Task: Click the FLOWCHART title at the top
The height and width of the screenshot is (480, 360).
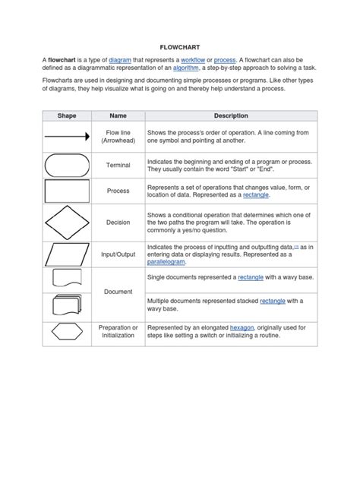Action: [179, 45]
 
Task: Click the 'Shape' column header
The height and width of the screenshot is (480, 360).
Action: [66, 115]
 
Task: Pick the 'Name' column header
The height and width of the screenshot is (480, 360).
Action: [118, 115]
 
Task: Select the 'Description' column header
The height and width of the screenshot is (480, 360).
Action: [231, 115]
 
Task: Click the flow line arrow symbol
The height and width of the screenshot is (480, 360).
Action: [66, 137]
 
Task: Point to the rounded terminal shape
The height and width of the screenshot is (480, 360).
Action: [66, 165]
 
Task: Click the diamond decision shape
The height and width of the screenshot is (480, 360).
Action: [66, 223]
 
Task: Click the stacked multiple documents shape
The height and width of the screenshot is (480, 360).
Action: [66, 305]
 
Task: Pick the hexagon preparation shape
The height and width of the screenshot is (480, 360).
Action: [66, 332]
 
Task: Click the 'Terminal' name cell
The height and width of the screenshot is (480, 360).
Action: [118, 165]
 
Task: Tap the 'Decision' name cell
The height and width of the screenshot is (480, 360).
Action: [118, 223]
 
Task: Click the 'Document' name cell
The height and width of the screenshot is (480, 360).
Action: [118, 292]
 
